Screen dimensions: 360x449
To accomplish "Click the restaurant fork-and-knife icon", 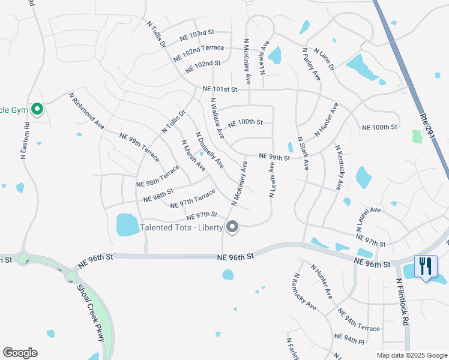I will point(426,265).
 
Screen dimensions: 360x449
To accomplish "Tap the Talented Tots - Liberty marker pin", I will point(232,227).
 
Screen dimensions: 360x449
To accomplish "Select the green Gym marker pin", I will point(37,109).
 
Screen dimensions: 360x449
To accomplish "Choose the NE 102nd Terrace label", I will point(198,52).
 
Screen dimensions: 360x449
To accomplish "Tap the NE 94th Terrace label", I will point(358,320).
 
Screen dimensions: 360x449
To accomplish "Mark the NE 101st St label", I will point(220,89).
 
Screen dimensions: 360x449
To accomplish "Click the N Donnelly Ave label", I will point(209,150).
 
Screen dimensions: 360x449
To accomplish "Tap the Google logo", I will point(20,353).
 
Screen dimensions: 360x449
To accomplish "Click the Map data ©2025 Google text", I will point(411,355).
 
